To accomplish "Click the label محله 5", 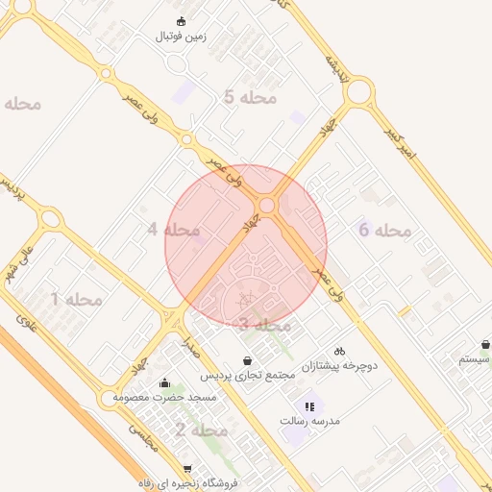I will point(250,97).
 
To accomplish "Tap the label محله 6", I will point(384,230).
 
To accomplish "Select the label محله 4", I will point(173,230).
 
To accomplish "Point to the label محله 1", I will point(76,299).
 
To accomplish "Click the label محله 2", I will point(201,430).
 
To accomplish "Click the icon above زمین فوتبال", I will point(181,21).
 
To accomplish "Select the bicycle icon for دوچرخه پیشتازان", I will point(339,351).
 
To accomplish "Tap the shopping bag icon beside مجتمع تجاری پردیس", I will point(248,360).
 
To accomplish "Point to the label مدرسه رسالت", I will point(310,421).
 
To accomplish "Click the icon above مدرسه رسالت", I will point(309,406).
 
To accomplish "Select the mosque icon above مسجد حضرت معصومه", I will point(165,382).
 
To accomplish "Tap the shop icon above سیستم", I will point(485,344).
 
